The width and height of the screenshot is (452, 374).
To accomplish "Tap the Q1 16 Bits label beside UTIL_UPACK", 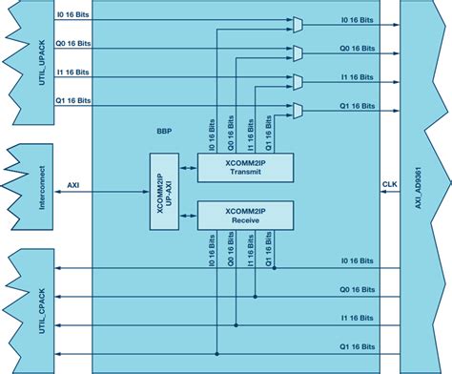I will [x=72, y=99].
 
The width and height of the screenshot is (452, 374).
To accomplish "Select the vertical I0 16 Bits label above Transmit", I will [x=212, y=135].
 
